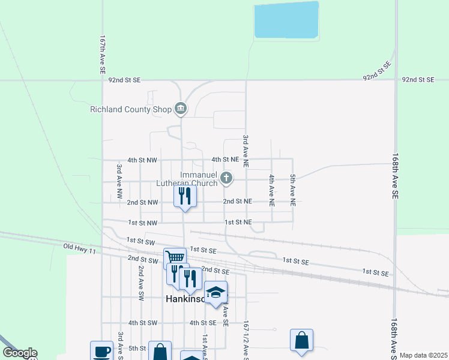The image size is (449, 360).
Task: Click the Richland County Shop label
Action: (x=130, y=109)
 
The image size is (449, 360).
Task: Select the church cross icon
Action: (x=226, y=178)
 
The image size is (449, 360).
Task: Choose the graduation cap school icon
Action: (x=215, y=292)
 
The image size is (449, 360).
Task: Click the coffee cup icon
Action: (x=101, y=351)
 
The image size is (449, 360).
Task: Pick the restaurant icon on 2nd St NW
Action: (x=185, y=196)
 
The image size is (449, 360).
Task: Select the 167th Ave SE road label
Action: (x=103, y=54)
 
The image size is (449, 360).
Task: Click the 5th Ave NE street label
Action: (x=293, y=191)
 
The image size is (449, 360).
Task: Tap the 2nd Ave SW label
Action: (x=140, y=283)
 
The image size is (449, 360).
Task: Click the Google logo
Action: (x=19, y=353)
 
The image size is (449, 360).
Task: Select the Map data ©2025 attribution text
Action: (x=423, y=355)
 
